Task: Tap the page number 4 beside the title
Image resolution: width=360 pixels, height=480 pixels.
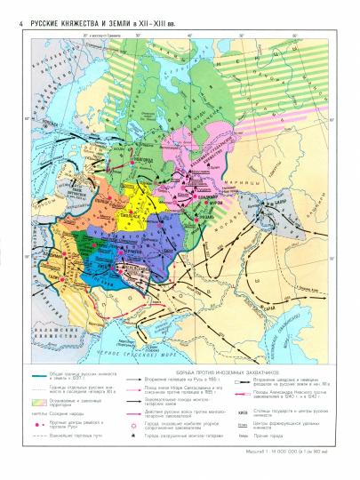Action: [7, 7]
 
